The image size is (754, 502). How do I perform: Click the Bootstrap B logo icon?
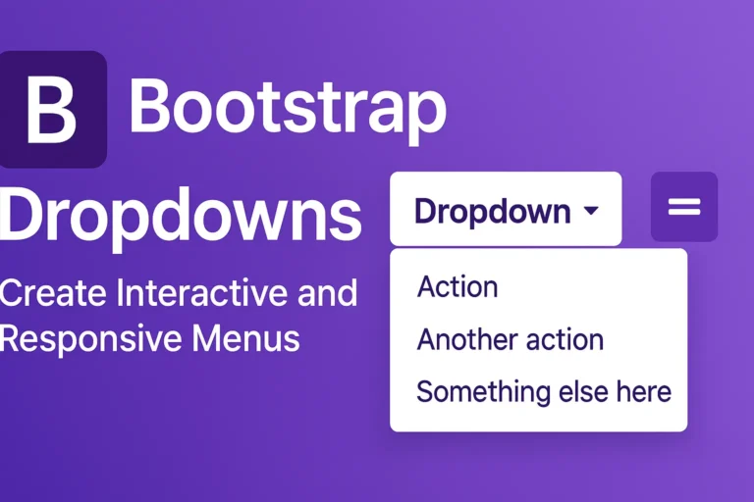pos(52,109)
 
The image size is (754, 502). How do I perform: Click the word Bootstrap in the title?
pos(287,108)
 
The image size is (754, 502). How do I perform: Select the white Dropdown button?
pos(505,210)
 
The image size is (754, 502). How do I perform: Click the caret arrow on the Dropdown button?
pos(590,211)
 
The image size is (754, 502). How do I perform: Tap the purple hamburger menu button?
pos(684,207)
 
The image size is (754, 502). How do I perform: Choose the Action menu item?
pos(458,287)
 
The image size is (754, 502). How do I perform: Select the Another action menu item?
pos(510,339)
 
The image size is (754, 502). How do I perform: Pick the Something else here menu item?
pos(543,391)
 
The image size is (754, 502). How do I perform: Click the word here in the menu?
pos(642,391)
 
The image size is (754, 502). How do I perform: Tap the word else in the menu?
pos(579,391)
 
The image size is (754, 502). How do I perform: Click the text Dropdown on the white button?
pos(492,211)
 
